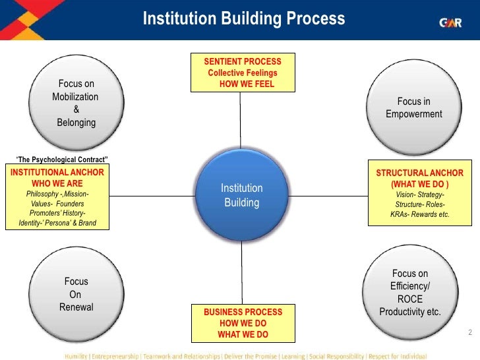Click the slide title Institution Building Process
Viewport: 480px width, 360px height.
coord(243,18)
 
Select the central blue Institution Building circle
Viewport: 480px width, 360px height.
coord(241,195)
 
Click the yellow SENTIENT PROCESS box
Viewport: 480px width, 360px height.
coord(242,73)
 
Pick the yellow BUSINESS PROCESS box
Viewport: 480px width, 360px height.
coord(243,323)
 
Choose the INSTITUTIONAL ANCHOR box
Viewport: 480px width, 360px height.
coord(57,198)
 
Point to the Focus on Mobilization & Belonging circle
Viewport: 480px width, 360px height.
coord(76,102)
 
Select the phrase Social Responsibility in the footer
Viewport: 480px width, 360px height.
coord(340,354)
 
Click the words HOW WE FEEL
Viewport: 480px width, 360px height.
coord(247,84)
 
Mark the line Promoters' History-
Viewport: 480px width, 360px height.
coord(57,214)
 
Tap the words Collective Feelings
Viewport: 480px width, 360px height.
coord(243,73)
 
